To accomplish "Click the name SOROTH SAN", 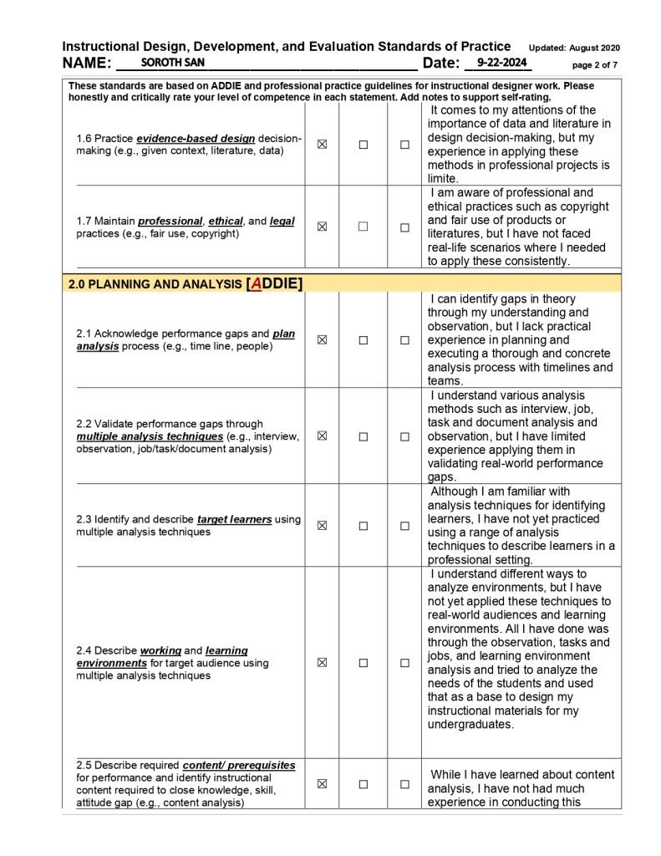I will tap(172, 63).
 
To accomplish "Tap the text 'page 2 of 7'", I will tap(595, 64).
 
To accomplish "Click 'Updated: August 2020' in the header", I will tap(574, 48).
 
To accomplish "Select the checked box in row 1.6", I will tap(322, 144).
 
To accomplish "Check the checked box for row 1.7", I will tap(322, 227).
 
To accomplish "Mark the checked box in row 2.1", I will tap(322, 340).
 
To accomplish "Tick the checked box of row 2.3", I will tap(322, 526).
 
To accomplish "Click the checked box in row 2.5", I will tap(322, 784).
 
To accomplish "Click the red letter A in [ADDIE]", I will tap(256, 283).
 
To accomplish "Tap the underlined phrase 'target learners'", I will tap(234, 519).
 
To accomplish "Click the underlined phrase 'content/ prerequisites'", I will tap(239, 765).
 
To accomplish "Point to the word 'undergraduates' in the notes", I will tap(470, 725).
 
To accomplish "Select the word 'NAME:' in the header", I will tap(87, 64).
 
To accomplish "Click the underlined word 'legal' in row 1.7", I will tap(282, 222).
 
